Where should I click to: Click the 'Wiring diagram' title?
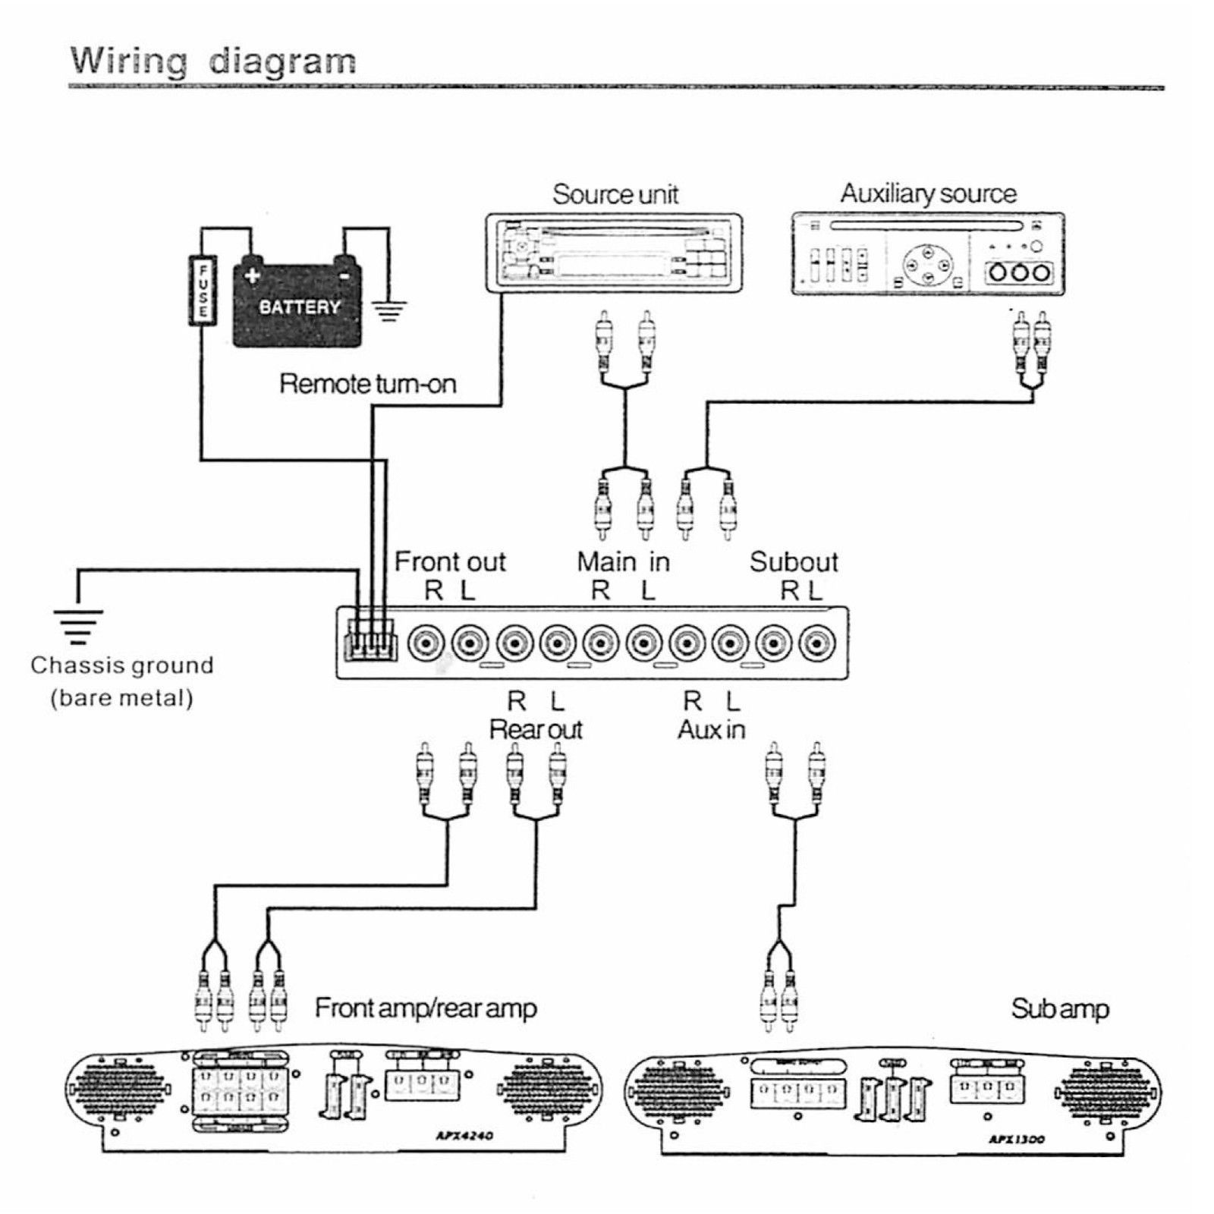click(x=213, y=61)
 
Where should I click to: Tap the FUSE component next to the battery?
click(x=203, y=291)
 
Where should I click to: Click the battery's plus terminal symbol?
click(x=253, y=275)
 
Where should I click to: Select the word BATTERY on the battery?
click(x=300, y=307)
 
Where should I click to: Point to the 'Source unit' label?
click(x=615, y=194)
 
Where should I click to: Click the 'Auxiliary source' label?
click(x=928, y=193)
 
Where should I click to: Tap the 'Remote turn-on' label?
click(x=368, y=383)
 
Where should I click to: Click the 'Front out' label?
click(x=450, y=561)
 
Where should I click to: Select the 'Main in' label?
click(x=623, y=561)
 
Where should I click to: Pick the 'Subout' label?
click(x=794, y=561)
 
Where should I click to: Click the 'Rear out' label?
click(x=536, y=729)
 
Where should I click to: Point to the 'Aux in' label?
click(x=711, y=729)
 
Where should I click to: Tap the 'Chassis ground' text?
click(x=122, y=665)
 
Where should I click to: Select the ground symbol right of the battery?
click(x=389, y=310)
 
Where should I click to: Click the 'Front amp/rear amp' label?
click(x=426, y=1008)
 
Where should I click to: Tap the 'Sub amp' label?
click(x=1060, y=1008)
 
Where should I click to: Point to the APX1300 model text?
click(x=1017, y=1139)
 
